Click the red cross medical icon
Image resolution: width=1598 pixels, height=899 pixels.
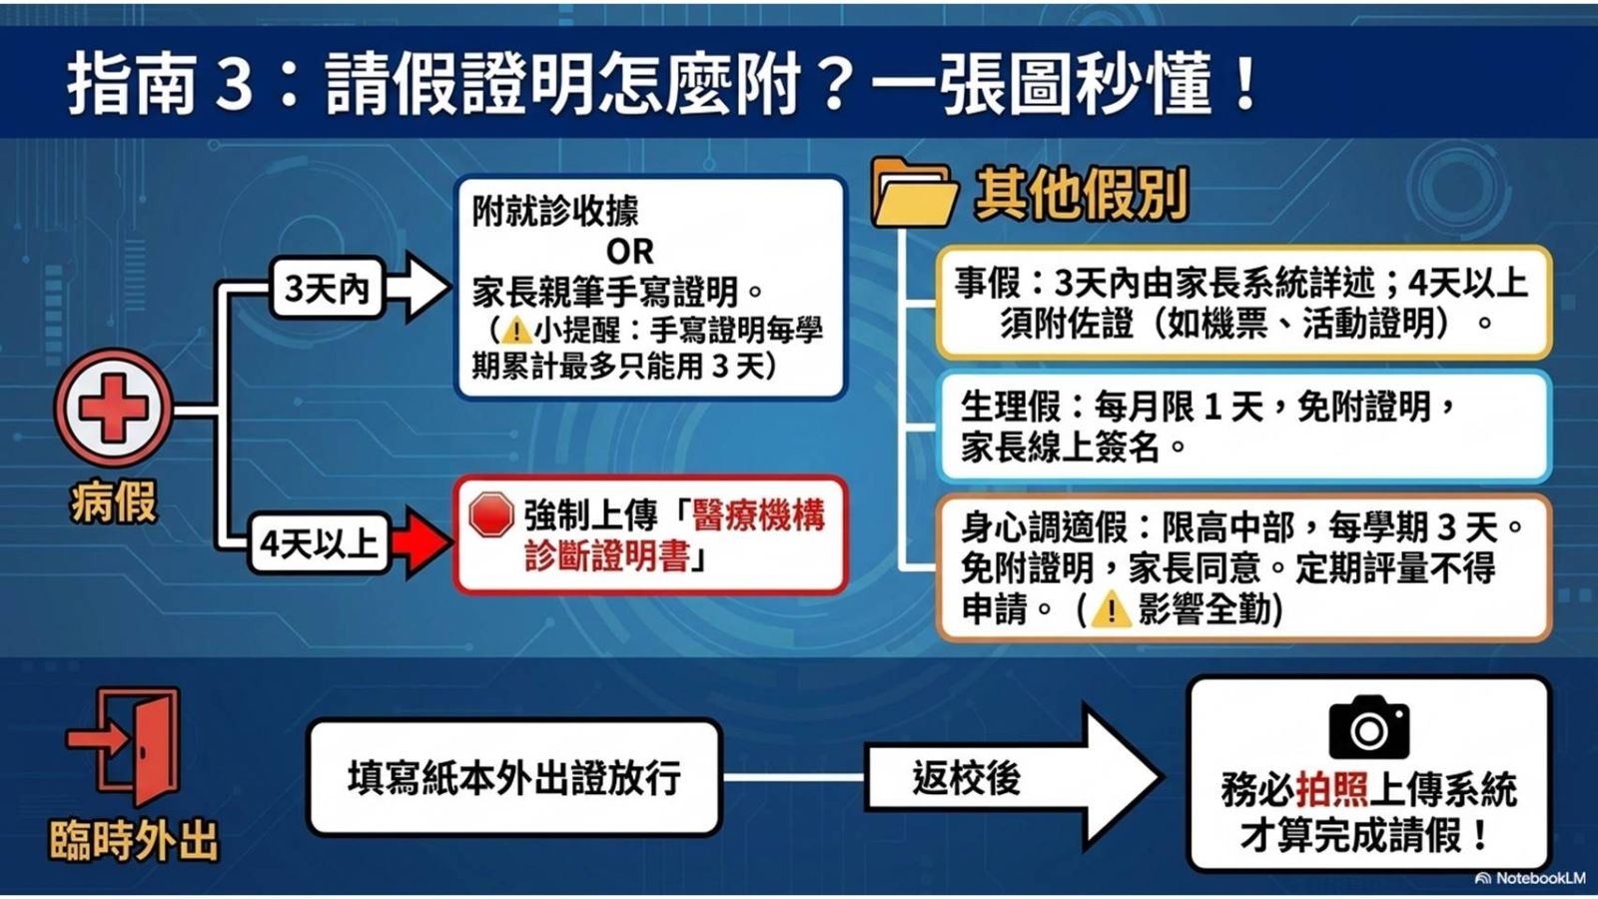coord(114,409)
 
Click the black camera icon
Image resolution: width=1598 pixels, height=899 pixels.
coord(1369,726)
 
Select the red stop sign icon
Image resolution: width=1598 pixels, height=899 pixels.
coord(491,513)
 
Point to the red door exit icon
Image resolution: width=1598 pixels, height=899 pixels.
coord(125,746)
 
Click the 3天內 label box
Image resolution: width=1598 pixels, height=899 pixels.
coord(328,289)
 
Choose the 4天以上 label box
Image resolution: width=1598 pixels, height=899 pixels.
coord(319,543)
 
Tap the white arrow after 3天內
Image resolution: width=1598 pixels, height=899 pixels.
coord(418,288)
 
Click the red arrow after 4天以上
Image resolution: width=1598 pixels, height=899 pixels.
coord(421,542)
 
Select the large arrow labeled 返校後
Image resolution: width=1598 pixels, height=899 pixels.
coord(1013,777)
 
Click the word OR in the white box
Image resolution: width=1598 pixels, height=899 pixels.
coord(629,251)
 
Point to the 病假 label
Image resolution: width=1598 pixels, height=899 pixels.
coord(114,500)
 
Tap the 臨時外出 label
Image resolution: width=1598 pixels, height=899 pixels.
coord(134,840)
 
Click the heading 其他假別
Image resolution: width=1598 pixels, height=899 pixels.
coord(1081,194)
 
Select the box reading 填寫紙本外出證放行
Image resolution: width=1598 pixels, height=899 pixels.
coord(514,777)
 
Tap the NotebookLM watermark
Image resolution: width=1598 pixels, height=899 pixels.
coord(1533,878)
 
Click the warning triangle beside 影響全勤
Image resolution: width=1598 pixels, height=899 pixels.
coord(1110,610)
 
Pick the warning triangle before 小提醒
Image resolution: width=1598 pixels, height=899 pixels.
coord(515,331)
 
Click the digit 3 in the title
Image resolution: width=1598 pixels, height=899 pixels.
coord(235,84)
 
